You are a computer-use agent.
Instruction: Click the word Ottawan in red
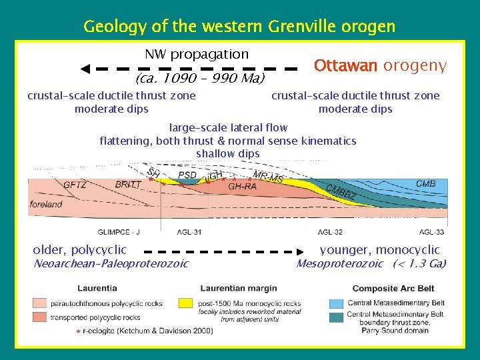click(345, 66)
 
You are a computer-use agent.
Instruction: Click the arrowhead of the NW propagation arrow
click(85, 69)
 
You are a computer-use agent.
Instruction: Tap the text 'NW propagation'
click(197, 54)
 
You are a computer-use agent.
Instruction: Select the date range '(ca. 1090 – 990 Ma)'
click(199, 79)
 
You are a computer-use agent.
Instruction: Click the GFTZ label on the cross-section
click(75, 185)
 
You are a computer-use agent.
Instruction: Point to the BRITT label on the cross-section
click(128, 185)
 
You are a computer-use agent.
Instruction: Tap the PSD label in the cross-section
click(187, 176)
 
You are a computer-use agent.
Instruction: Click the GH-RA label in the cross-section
click(242, 187)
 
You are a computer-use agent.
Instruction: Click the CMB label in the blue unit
click(425, 184)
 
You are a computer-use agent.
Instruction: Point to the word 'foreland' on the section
click(46, 205)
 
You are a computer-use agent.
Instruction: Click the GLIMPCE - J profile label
click(119, 232)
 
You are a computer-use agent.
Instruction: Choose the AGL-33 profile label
click(431, 232)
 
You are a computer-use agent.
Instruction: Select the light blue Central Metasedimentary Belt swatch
click(337, 303)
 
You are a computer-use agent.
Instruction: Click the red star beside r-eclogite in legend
click(78, 331)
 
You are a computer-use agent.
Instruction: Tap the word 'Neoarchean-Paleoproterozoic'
click(111, 263)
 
